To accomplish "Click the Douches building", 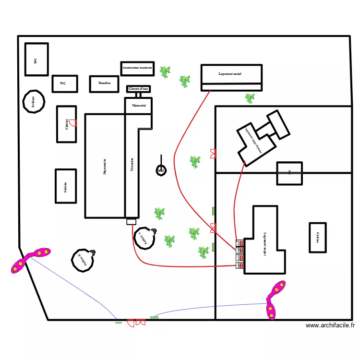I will click(x=104, y=84).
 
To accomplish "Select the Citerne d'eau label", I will click(x=139, y=89).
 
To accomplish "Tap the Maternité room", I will click(x=139, y=105).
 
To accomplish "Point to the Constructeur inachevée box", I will click(x=137, y=68).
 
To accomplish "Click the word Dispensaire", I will click(x=105, y=166).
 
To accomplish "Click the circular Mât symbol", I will click(x=161, y=170).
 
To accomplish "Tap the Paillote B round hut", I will click(x=82, y=260).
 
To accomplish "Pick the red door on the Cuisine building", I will click(x=72, y=123).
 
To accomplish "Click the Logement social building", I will click(x=231, y=74).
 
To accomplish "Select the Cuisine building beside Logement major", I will click(x=318, y=238).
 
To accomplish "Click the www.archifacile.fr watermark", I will click(x=330, y=325).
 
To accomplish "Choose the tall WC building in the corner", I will click(x=36, y=59).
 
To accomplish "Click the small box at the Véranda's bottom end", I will click(x=132, y=221).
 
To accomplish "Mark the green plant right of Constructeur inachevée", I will click(x=165, y=72).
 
